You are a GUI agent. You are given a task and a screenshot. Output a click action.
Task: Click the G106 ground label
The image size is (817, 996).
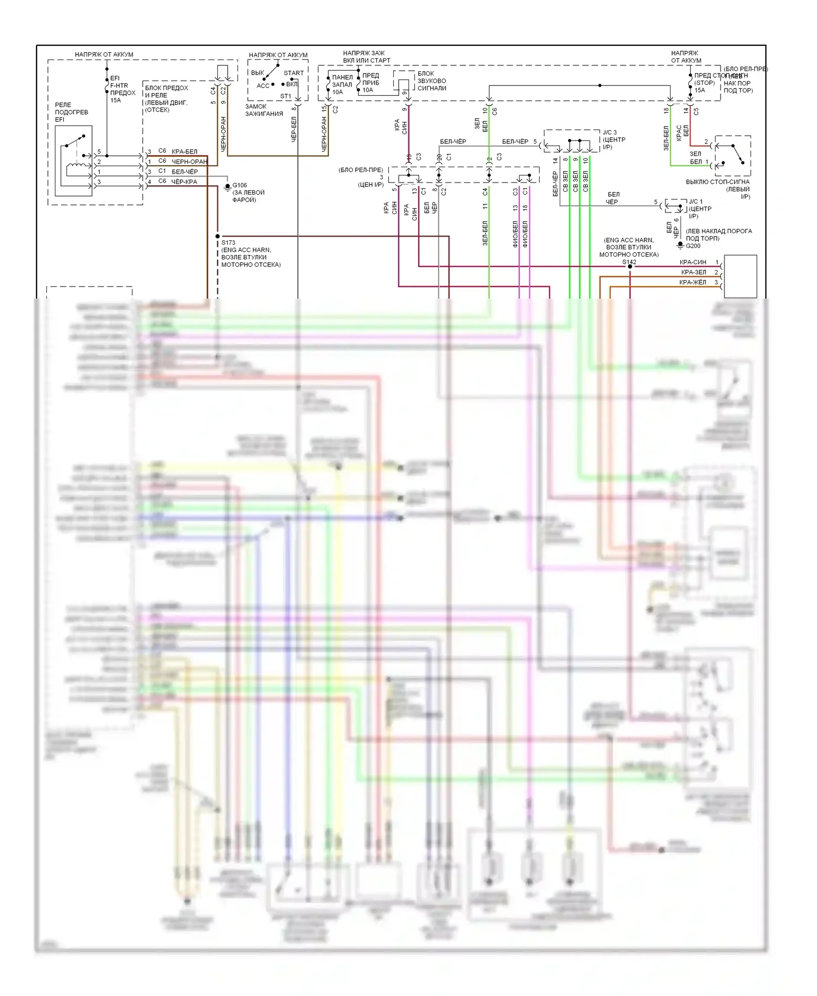240,185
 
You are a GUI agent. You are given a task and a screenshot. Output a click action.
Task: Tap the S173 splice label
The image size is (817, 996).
228,242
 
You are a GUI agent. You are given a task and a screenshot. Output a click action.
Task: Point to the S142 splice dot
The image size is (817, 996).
630,266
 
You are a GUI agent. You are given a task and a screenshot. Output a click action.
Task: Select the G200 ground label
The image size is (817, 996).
693,246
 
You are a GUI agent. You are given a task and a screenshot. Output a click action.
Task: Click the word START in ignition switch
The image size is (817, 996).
294,73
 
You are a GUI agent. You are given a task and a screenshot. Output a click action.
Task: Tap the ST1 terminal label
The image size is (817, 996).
285,96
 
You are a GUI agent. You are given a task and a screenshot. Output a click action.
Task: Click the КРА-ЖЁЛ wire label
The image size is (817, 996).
693,282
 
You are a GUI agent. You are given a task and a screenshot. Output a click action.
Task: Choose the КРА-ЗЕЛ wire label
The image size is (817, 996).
693,272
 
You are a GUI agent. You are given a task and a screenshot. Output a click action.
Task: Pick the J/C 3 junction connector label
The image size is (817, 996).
609,132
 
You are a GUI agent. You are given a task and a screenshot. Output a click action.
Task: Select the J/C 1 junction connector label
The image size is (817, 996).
696,202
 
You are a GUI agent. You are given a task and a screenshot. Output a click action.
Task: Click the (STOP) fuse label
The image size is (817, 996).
704,83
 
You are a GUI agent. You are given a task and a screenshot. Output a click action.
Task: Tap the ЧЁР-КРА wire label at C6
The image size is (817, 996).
184,182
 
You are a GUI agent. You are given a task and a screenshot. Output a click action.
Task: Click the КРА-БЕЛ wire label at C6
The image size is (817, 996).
184,151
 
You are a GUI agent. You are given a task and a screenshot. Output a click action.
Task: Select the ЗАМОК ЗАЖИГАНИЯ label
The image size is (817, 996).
264,110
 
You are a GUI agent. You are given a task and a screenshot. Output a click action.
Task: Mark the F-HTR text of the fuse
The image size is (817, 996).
119,86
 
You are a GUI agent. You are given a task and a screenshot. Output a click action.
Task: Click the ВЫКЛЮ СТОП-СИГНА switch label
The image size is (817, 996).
717,182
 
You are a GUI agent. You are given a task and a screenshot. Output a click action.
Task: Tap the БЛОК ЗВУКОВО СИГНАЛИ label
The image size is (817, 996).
431,81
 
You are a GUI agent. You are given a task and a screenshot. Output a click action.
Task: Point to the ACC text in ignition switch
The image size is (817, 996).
263,86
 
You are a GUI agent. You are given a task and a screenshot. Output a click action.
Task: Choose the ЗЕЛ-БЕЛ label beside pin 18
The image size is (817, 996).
666,138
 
